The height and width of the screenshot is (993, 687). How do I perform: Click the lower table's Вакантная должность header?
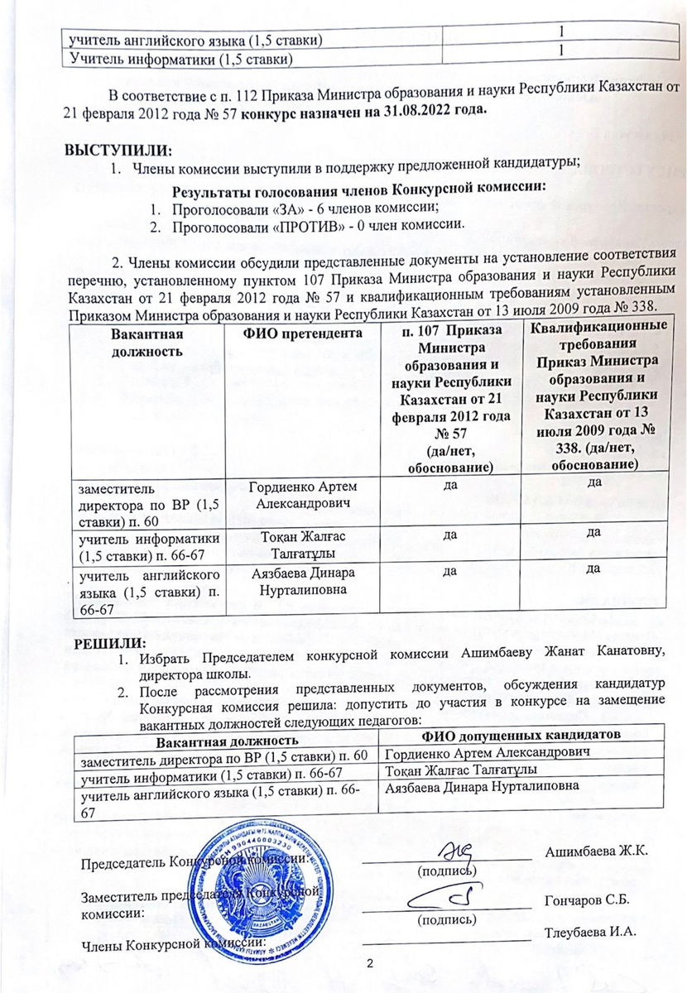(x=228, y=737)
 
